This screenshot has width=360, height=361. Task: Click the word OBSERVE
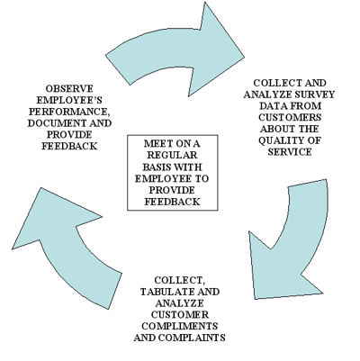pyautogui.click(x=67, y=87)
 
